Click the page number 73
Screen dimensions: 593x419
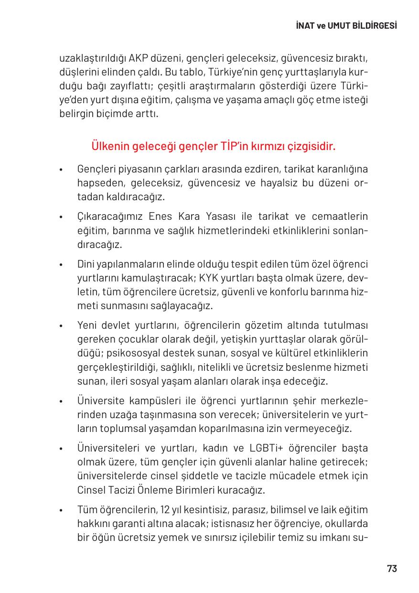(391, 569)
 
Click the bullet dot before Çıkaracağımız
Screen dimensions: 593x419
(62, 218)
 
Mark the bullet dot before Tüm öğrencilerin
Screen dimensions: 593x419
(62, 510)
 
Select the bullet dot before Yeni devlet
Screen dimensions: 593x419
(62, 326)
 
